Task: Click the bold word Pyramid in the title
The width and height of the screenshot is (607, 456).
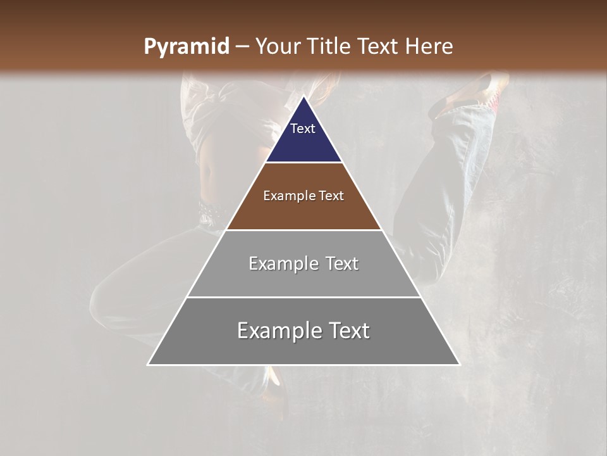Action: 186,47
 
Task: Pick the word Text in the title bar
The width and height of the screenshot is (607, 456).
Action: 379,47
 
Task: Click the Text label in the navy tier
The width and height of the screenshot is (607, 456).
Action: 303,129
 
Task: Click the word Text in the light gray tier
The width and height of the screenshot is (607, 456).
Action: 340,263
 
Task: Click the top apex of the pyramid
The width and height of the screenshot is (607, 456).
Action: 303,97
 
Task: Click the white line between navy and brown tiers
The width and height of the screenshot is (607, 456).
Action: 303,163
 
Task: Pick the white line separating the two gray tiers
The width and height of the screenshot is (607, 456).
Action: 303,297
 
